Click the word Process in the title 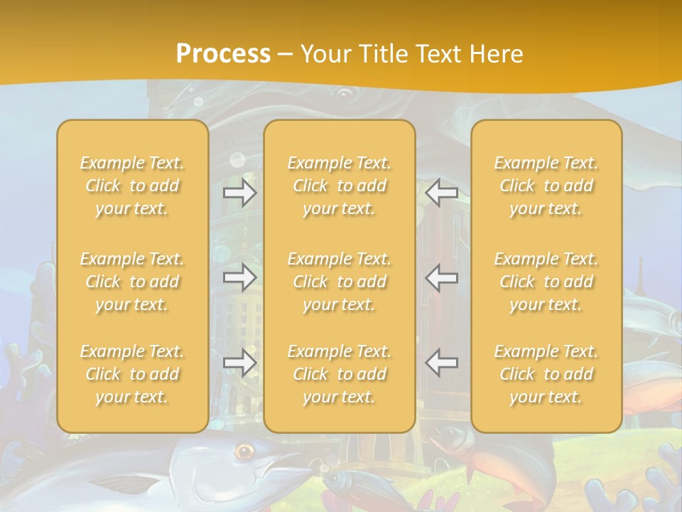pos(223,54)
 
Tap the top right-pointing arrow pos(240,193)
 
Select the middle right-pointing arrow pos(240,278)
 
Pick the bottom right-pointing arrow pos(240,363)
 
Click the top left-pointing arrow pos(442,193)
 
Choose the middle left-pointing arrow pos(442,278)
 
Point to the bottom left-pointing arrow pos(442,363)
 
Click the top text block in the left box pos(132,186)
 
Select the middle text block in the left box pos(132,282)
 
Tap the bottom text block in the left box pos(132,374)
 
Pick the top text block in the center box pos(340,186)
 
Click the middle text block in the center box pos(340,282)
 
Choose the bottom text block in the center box pos(340,374)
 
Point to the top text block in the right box pos(546,186)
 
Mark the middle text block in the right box pos(546,282)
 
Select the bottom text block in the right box pos(546,374)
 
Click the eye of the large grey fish pos(245,450)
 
